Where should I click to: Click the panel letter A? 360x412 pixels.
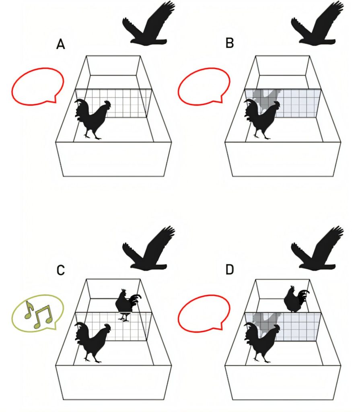[60, 44]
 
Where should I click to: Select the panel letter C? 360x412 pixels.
[60, 270]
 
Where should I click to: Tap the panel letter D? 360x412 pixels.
[230, 270]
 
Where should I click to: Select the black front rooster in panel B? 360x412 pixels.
[261, 119]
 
